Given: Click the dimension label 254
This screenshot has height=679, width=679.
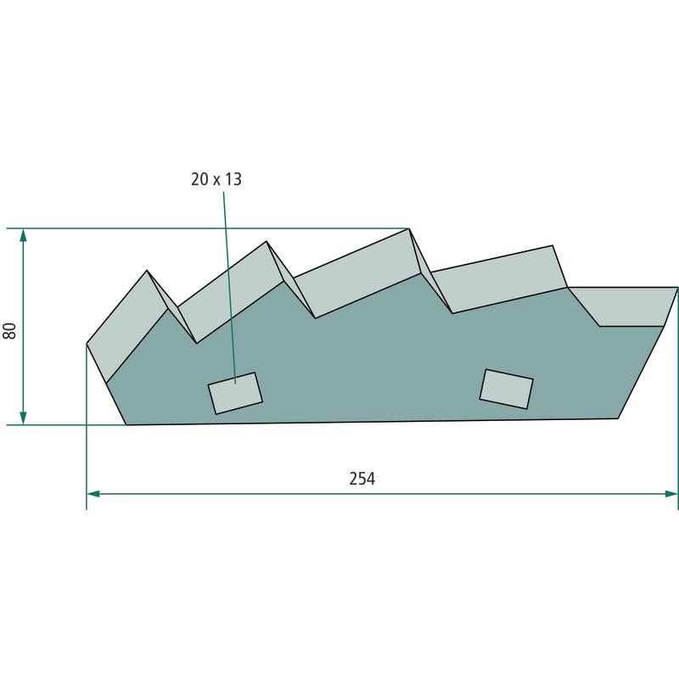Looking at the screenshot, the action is click(x=362, y=479).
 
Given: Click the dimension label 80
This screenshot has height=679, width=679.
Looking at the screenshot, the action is click(x=9, y=331).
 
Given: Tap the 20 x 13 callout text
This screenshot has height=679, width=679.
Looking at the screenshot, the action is click(x=216, y=179).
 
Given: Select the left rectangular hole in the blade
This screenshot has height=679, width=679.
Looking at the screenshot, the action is click(x=235, y=393).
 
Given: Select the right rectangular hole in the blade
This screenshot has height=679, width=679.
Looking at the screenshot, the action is click(x=506, y=389).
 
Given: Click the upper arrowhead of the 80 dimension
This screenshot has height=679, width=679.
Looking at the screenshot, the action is click(x=24, y=235).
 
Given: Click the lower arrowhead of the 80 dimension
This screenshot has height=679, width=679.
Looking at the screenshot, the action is click(x=24, y=418).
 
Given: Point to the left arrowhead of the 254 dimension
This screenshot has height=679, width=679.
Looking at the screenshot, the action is click(x=93, y=494).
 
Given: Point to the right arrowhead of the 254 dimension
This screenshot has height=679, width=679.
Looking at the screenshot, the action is click(x=671, y=494).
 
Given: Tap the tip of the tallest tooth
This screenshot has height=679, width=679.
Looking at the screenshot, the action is click(x=409, y=228).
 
